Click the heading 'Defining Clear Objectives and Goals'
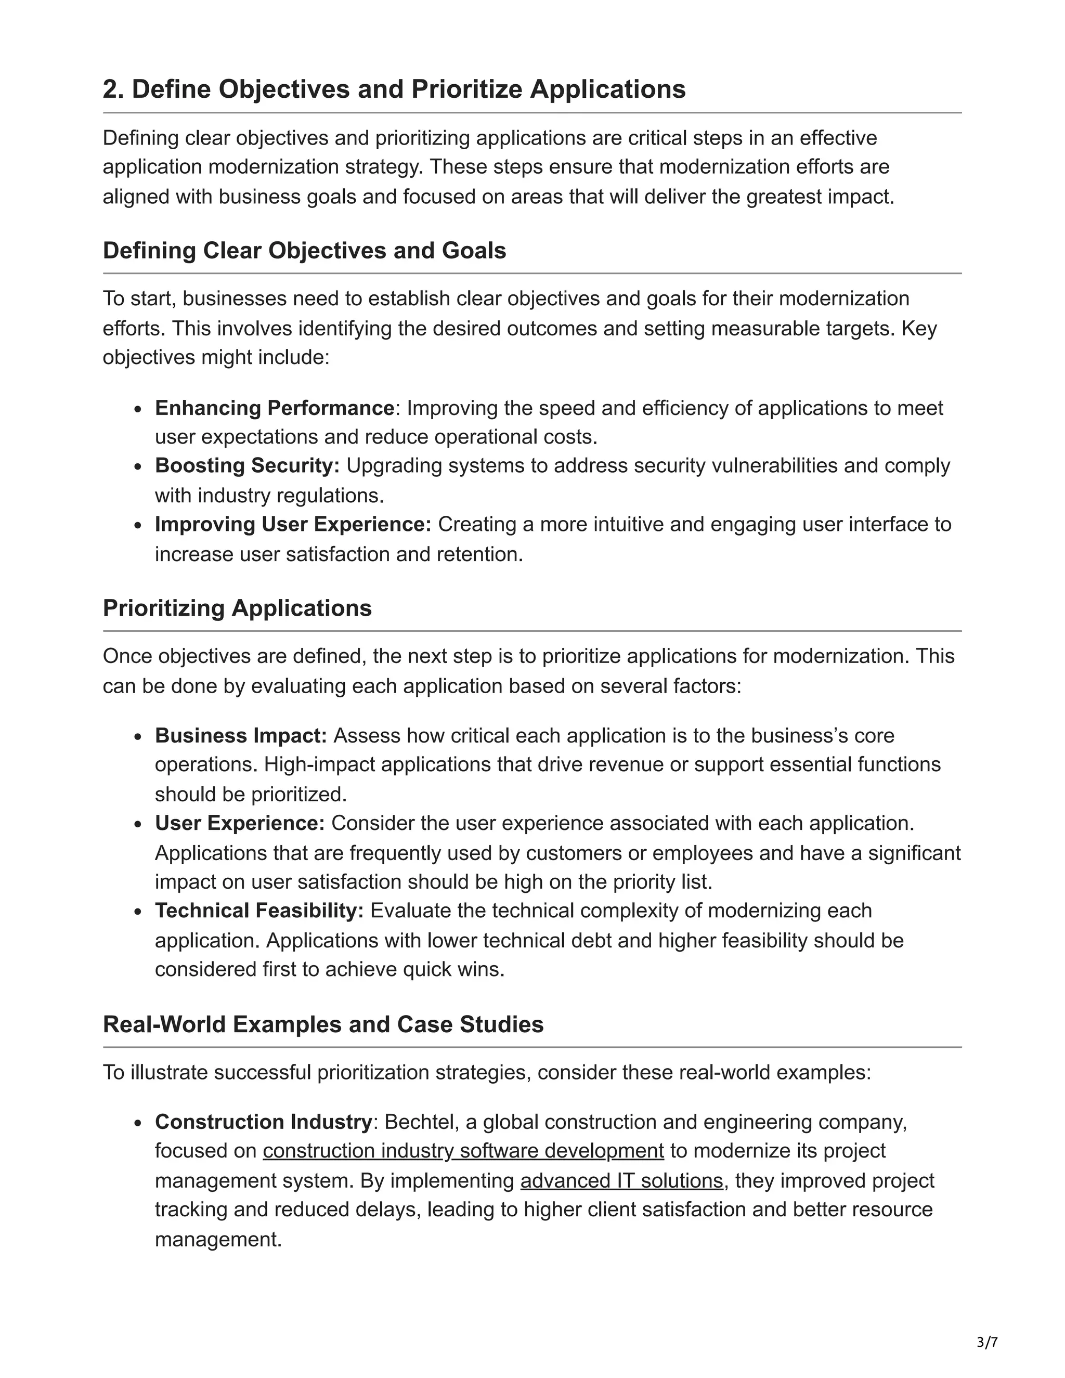click(x=304, y=251)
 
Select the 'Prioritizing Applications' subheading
click(x=237, y=608)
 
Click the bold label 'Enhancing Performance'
click(x=275, y=408)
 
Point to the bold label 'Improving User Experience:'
click(x=293, y=524)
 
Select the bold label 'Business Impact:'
click(x=241, y=736)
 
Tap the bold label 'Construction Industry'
click(x=263, y=1122)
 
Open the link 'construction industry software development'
click(x=463, y=1151)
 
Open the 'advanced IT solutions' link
click(x=621, y=1180)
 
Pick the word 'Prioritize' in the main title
click(x=465, y=89)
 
